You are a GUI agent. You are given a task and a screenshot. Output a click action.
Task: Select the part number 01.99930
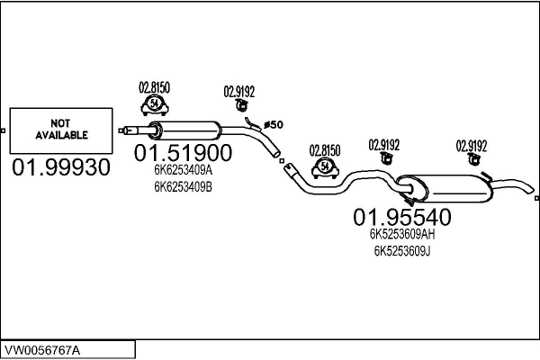point(61,167)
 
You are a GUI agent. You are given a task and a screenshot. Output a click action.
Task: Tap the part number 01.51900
point(183,153)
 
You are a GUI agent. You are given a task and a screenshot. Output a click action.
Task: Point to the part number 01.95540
point(402,217)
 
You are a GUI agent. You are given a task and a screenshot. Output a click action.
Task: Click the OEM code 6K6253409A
point(183,170)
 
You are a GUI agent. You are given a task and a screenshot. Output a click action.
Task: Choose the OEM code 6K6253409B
point(183,187)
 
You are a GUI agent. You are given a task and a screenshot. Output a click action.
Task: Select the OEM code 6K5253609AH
point(402,234)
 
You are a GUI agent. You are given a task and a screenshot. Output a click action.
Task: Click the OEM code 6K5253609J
point(402,251)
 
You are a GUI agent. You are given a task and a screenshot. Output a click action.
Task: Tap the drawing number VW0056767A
point(42,350)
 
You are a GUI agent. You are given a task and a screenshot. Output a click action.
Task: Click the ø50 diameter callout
point(274,124)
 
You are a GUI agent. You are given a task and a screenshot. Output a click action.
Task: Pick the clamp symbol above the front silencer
point(155,105)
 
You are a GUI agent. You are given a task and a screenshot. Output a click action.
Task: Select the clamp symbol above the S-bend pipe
point(325,168)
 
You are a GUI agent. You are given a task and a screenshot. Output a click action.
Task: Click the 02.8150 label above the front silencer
point(154,88)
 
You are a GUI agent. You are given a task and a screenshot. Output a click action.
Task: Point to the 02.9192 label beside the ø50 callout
point(239,92)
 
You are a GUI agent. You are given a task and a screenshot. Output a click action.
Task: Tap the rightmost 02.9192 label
point(472,146)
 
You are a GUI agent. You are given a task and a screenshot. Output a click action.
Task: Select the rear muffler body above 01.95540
point(445,188)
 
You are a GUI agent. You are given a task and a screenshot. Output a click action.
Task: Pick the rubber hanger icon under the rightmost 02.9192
point(473,158)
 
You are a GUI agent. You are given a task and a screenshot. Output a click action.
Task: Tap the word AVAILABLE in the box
point(61,135)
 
